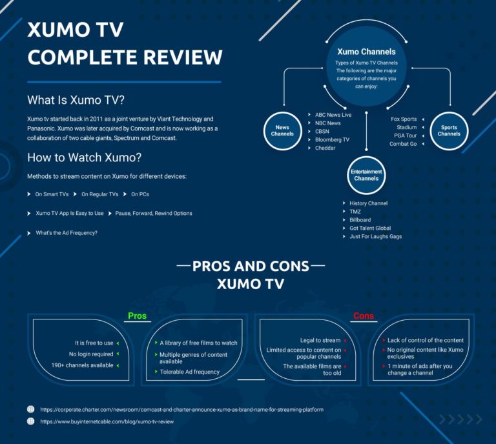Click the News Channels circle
point(282,131)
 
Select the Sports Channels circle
point(449,131)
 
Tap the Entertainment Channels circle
point(366,175)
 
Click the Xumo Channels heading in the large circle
point(366,52)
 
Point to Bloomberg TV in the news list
point(332,139)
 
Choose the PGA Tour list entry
point(403,136)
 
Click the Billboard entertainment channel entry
point(360,220)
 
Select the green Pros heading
point(137,316)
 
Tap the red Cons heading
point(364,316)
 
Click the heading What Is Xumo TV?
point(76,101)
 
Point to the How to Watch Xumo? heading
point(84,157)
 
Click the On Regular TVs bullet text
point(99,194)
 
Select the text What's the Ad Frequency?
point(67,232)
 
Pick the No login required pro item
point(91,354)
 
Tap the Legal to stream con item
point(320,340)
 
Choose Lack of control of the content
point(426,340)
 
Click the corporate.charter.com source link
point(181,409)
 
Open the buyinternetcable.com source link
point(107,421)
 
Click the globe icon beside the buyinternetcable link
point(30,421)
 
